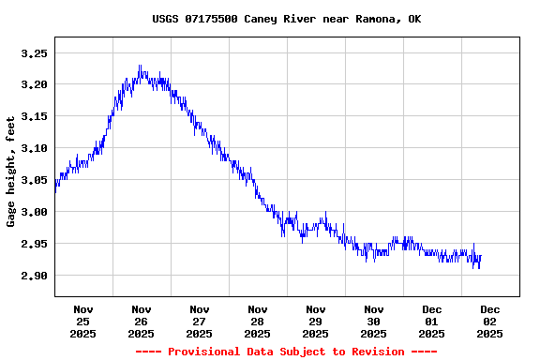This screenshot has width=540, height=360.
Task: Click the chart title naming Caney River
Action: coord(286,19)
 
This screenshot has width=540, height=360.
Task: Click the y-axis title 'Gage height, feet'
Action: coord(11,172)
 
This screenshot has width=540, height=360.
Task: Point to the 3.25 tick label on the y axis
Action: coord(34,53)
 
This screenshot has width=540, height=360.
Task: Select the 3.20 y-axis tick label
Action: coord(34,85)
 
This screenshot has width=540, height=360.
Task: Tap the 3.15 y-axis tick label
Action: coord(34,117)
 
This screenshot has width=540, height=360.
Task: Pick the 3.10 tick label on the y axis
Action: coord(34,149)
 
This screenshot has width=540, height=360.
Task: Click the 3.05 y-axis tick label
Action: coord(34,180)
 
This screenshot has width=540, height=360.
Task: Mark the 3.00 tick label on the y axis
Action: coord(34,212)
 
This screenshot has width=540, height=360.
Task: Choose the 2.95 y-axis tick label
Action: coord(34,244)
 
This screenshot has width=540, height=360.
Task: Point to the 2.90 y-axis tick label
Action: coord(34,276)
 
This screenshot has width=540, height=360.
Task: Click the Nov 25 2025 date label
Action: coord(83,321)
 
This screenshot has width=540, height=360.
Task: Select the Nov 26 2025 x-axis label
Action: coord(142,321)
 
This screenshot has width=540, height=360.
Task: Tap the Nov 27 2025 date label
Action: coord(200,321)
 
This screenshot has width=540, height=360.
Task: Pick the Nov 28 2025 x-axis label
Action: coord(258,321)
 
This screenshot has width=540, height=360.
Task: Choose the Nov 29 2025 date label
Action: coord(316,321)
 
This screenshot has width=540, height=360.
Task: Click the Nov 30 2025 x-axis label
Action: coord(374,321)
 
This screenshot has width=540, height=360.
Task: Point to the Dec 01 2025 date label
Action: coord(432,321)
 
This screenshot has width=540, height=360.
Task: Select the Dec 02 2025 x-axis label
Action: coord(490,321)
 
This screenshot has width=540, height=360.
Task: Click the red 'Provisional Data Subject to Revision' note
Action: coord(286,352)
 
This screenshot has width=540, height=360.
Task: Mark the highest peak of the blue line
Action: coord(140,66)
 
